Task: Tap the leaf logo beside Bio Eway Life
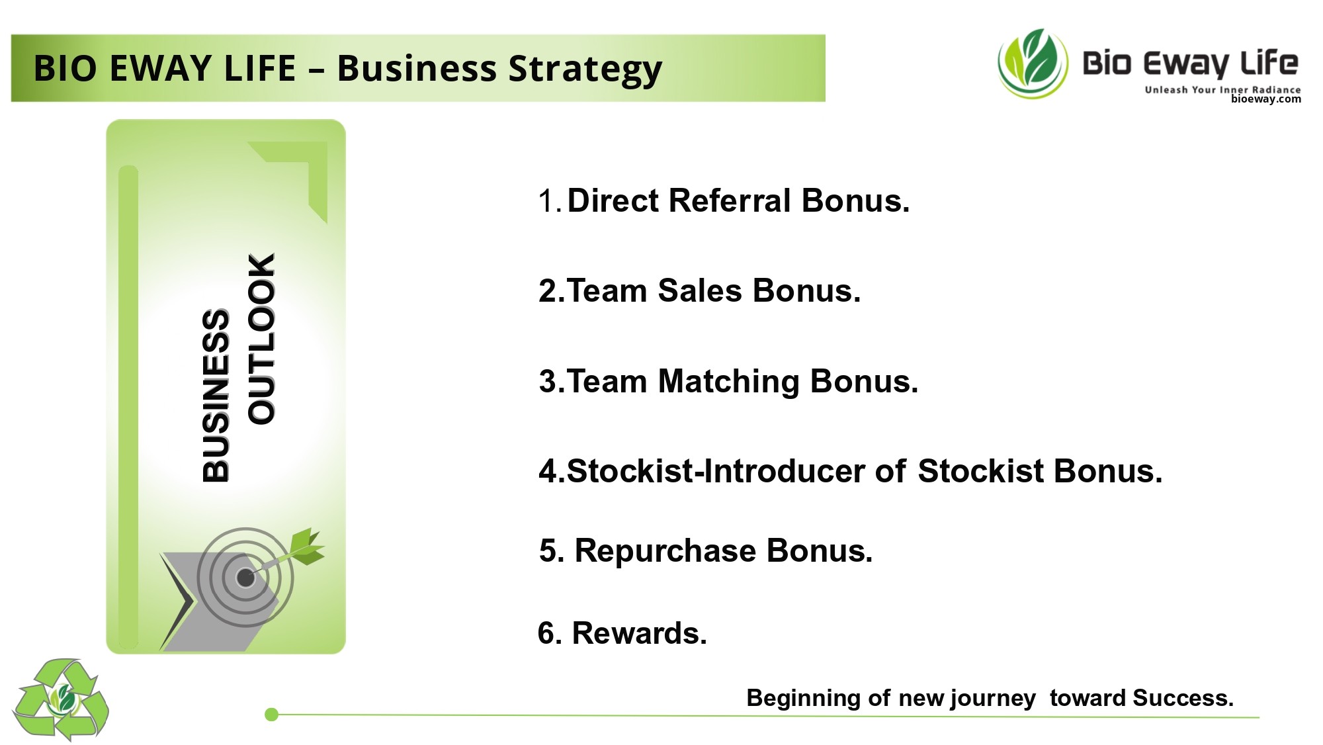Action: coord(1033,64)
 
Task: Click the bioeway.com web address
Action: coord(1265,99)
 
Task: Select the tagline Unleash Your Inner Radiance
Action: coord(1222,89)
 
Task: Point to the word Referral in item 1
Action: coord(730,200)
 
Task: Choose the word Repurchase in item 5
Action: coord(665,551)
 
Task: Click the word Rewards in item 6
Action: coord(639,633)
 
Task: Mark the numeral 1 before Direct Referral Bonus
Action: coord(546,200)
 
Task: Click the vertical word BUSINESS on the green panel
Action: coord(216,396)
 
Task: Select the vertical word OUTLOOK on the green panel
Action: coord(261,339)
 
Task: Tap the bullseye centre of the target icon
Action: coord(245,578)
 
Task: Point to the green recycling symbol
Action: coord(61,699)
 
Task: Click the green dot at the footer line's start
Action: coord(271,714)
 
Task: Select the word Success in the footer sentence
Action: coord(1183,698)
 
